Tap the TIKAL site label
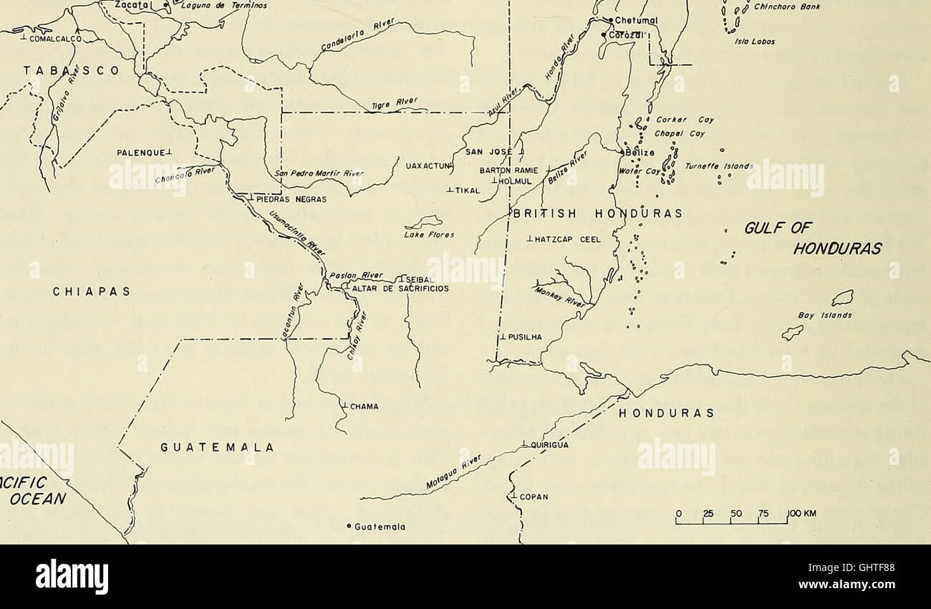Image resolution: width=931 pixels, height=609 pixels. pyautogui.click(x=465, y=191)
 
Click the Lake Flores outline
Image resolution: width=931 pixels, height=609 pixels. pyautogui.click(x=424, y=222)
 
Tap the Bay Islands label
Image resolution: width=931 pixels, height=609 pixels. pyautogui.click(x=816, y=314)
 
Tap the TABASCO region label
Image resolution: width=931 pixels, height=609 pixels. pyautogui.click(x=67, y=71)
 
